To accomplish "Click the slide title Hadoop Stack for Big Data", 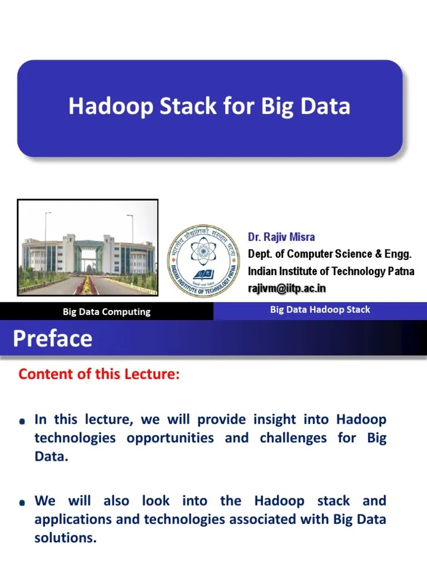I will click(x=209, y=106).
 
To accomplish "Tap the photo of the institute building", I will click(x=88, y=247).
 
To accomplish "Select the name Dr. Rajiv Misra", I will click(x=281, y=237).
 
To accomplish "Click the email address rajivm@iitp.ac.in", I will click(x=287, y=288).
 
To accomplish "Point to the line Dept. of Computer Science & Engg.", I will click(x=330, y=254).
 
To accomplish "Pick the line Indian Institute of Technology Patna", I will click(x=331, y=271).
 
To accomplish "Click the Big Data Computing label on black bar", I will click(x=106, y=312).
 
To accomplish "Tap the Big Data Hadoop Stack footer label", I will click(x=320, y=310).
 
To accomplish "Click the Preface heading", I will click(x=52, y=338).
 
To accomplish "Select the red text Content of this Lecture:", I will click(x=99, y=375).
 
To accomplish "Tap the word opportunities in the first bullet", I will click(x=170, y=438).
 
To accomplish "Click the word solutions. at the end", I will click(x=66, y=538).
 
